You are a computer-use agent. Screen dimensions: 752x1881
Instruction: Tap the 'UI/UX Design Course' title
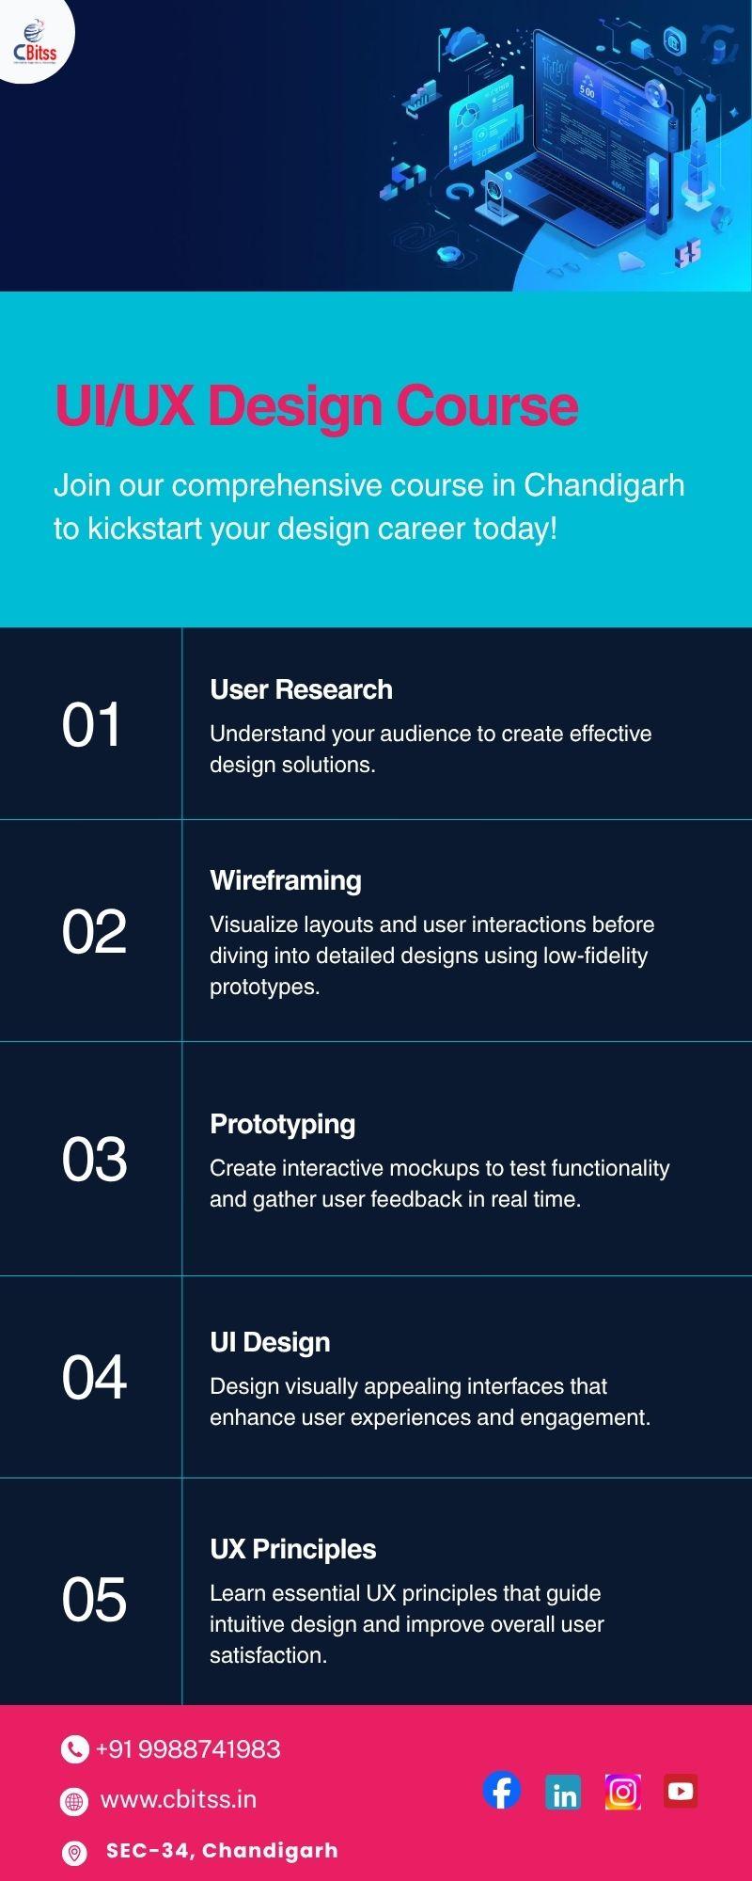pos(317,406)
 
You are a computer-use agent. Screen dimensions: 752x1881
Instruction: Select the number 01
pos(91,725)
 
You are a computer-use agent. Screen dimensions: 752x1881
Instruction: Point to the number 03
pos(94,1159)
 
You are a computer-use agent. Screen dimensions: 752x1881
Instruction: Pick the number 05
pos(94,1599)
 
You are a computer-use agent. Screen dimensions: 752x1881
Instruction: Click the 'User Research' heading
pos(301,689)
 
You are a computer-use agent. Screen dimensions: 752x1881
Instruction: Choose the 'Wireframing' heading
pos(286,880)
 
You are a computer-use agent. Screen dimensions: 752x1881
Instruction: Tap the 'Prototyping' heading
pos(282,1125)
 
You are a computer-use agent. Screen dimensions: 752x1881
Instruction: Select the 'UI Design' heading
pos(270,1342)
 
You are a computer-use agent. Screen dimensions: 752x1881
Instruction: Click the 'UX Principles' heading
pos(292,1549)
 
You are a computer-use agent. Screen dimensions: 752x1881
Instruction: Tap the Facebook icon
pos(502,1790)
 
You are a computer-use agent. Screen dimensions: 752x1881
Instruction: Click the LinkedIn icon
pos(563,1793)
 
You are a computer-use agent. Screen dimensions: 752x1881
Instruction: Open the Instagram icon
pos(623,1792)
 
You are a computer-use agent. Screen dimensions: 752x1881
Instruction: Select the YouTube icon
pos(681,1792)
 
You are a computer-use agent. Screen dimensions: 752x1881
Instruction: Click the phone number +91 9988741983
pos(188,1748)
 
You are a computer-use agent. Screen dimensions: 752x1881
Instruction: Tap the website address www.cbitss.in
pos(179,1799)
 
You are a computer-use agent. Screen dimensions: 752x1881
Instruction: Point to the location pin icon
pos(73,1852)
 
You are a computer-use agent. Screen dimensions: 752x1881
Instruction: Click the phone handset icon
pos(74,1748)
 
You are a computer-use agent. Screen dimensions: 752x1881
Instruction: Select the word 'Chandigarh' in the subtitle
pos(603,485)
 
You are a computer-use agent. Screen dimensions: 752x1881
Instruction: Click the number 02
pos(94,932)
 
